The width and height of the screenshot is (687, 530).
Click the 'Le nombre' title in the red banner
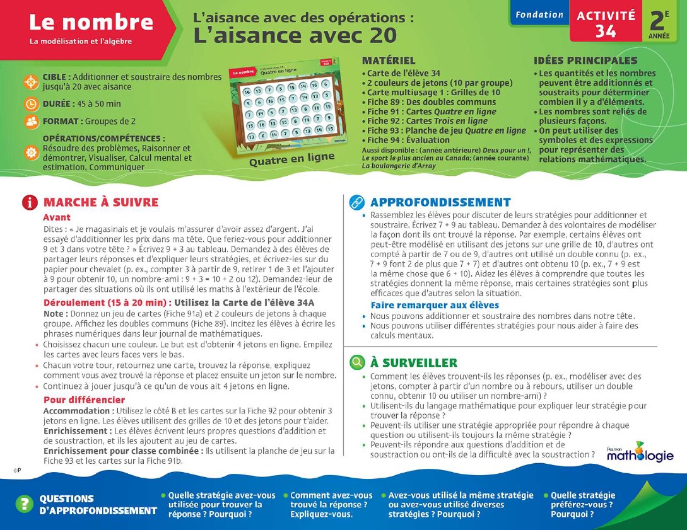click(91, 23)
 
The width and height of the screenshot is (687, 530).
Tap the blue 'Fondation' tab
click(539, 14)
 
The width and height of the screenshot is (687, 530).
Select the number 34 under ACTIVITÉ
click(606, 32)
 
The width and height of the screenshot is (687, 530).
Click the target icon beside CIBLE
click(31, 82)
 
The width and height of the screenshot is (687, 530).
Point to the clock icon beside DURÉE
click(31, 104)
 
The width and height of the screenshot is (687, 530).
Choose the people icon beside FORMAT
click(31, 122)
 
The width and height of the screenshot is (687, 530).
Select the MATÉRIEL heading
click(389, 61)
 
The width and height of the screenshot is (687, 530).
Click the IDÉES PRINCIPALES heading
click(585, 61)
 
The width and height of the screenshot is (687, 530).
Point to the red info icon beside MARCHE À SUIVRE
click(30, 202)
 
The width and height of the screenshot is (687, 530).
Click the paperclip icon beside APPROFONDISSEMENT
click(357, 202)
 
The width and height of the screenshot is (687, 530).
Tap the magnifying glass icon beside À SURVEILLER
click(357, 362)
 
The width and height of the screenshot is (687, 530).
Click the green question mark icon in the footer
click(24, 504)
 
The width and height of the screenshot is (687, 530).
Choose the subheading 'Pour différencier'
click(84, 400)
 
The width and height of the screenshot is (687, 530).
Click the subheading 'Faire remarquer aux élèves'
click(435, 306)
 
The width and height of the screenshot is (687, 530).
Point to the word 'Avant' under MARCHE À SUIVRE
click(57, 217)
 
